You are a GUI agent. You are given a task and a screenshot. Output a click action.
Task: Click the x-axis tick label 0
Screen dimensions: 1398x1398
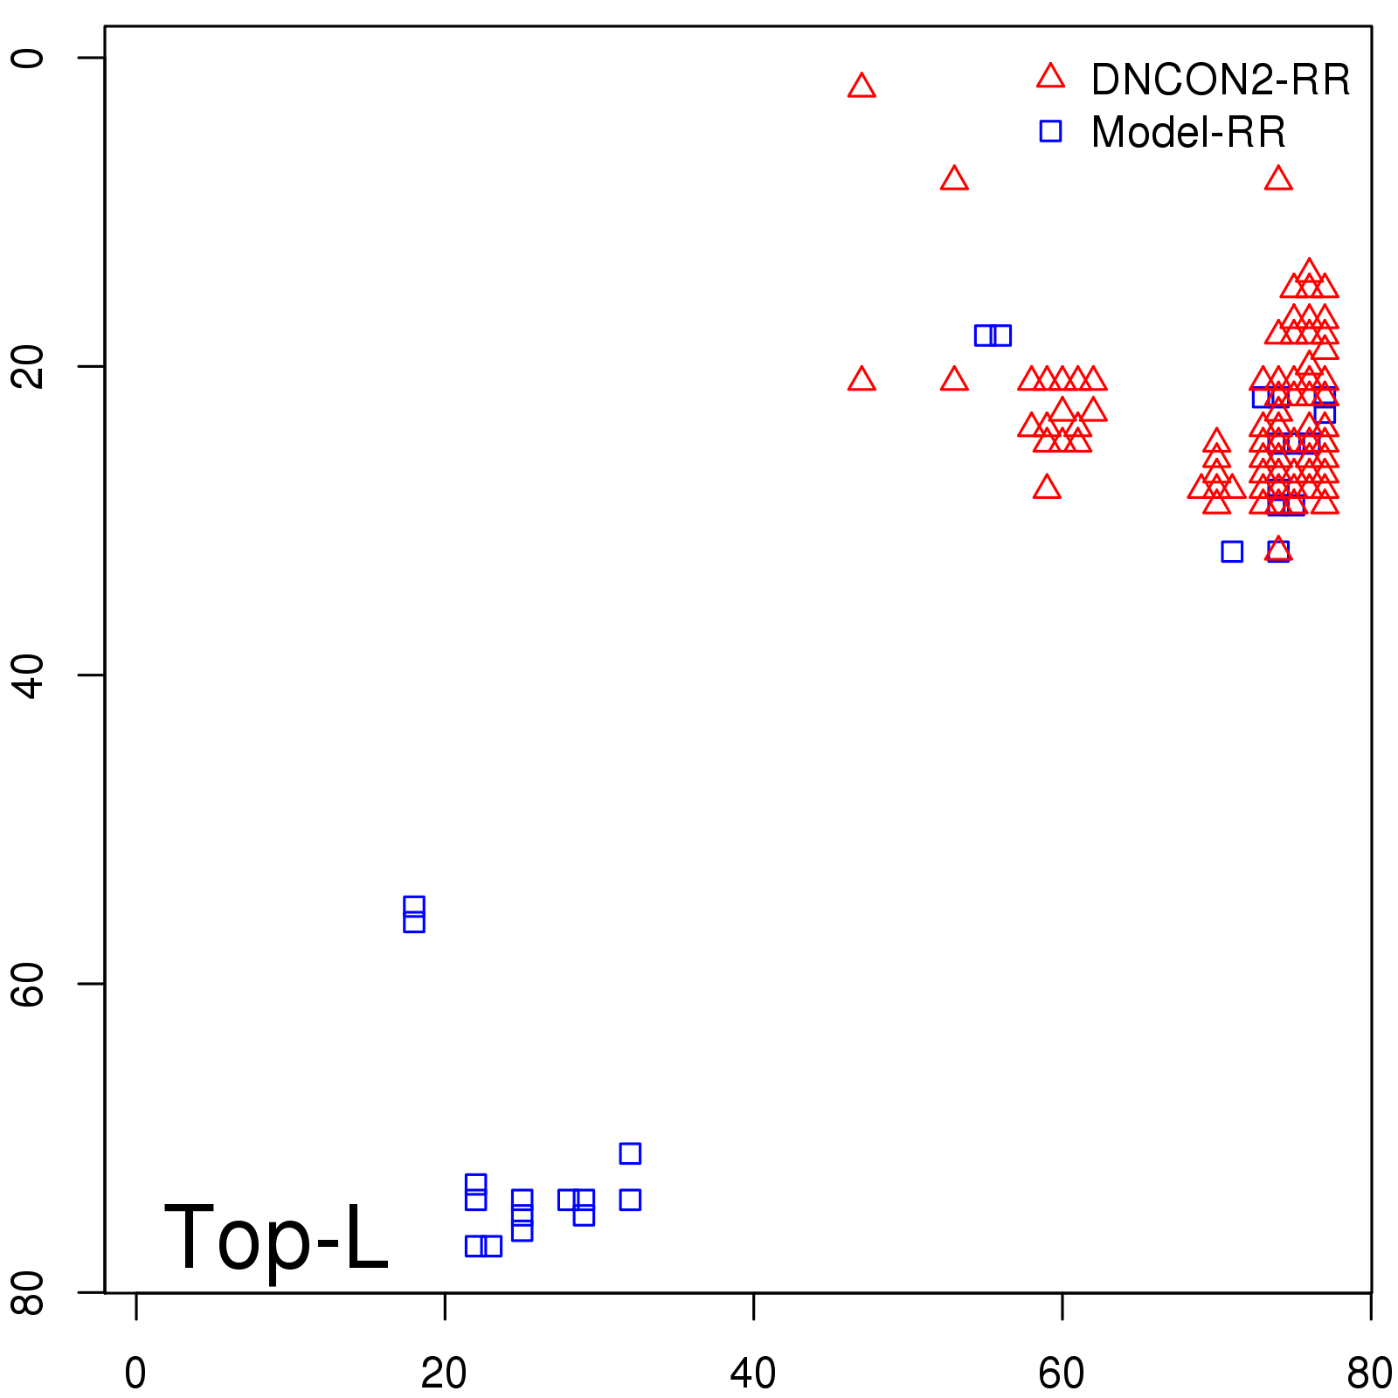point(135,1374)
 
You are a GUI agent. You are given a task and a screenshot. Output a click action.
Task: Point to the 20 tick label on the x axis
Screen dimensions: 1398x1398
point(444,1374)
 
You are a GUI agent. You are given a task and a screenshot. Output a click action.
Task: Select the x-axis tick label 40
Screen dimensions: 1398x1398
point(752,1374)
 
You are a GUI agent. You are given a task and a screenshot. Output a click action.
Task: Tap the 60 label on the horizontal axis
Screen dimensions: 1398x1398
point(1062,1374)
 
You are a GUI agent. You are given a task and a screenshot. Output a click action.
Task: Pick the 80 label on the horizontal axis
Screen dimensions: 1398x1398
point(1368,1374)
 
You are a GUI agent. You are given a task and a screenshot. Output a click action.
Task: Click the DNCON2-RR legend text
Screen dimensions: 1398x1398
point(1221,80)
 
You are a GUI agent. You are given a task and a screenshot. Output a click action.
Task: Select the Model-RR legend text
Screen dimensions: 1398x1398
point(1188,132)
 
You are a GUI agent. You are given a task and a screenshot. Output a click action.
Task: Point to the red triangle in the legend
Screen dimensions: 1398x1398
point(1050,77)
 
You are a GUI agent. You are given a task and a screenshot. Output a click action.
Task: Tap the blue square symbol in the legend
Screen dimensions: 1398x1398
point(1050,131)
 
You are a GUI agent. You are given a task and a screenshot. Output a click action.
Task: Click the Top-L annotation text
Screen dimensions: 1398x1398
point(276,1237)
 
